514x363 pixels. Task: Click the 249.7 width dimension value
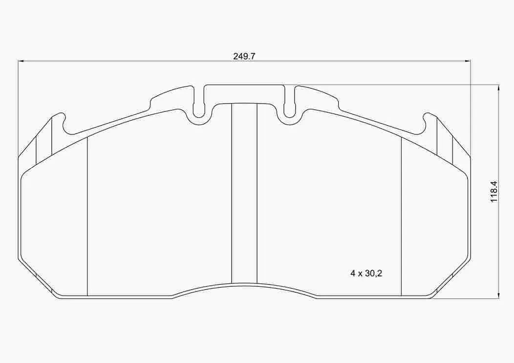point(244,56)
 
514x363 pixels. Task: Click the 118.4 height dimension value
point(493,192)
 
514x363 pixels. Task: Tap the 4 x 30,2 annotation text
point(365,274)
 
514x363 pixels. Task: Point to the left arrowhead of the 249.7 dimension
point(21,61)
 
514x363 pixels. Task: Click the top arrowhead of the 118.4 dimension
point(498,88)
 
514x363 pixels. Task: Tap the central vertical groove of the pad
point(244,195)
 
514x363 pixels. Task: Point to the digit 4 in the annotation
point(353,274)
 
